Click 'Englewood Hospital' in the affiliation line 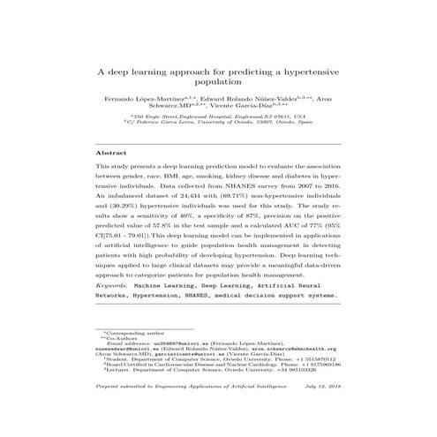click(x=210, y=116)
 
